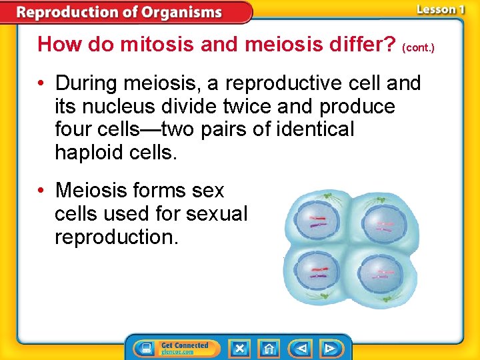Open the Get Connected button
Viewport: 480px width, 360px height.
(x=175, y=348)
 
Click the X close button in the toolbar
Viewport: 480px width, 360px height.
(x=239, y=348)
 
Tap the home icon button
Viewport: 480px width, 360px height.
(x=269, y=348)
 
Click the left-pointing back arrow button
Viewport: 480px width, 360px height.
(x=301, y=348)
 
